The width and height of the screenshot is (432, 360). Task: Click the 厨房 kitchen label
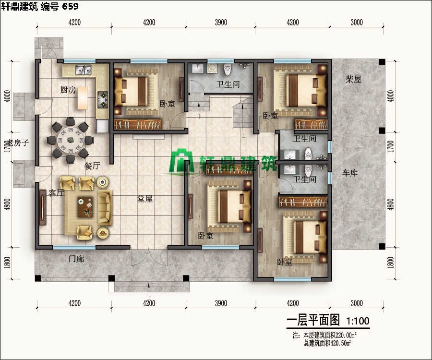pyautogui.click(x=68, y=90)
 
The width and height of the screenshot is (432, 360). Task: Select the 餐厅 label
pyautogui.click(x=92, y=166)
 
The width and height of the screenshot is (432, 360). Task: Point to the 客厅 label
pyautogui.click(x=57, y=193)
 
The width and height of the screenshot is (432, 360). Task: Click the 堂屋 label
pyautogui.click(x=145, y=199)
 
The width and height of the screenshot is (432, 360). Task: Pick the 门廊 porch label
pyautogui.click(x=76, y=259)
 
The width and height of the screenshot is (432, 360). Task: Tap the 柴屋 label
pyautogui.click(x=354, y=80)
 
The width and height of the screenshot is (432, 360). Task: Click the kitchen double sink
pyautogui.click(x=84, y=70)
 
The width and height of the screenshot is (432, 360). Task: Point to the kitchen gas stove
pyautogui.click(x=102, y=99)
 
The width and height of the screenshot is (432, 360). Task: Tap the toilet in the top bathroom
pyautogui.click(x=228, y=70)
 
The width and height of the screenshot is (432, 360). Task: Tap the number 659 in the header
pyautogui.click(x=70, y=6)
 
